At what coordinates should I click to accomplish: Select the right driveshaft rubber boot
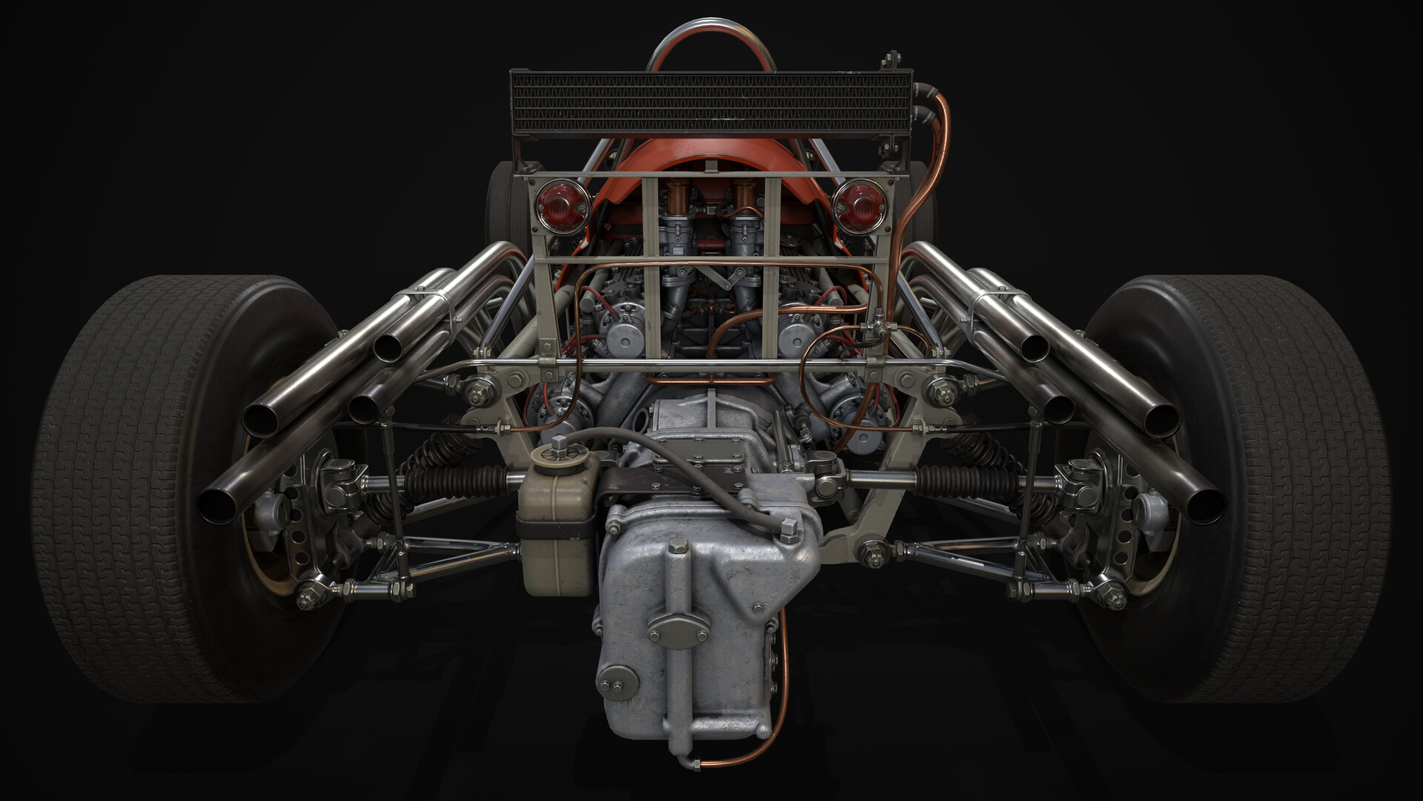click(x=963, y=479)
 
